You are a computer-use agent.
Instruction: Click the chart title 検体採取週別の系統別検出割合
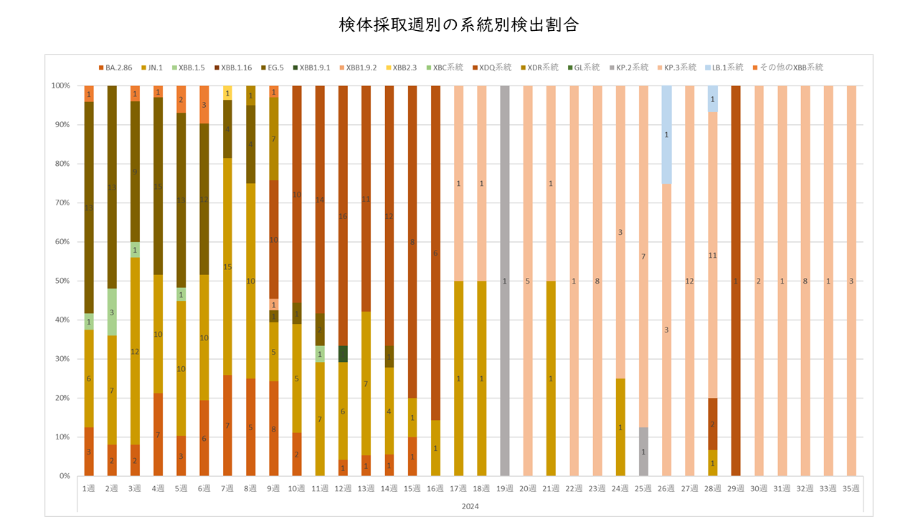[x=459, y=25]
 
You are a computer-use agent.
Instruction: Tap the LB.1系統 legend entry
[x=726, y=67]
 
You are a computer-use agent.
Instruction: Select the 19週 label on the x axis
[x=504, y=488]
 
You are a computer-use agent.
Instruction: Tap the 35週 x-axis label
[x=851, y=488]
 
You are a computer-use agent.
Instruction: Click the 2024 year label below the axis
[x=470, y=506]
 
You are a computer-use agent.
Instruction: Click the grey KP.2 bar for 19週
[x=504, y=215]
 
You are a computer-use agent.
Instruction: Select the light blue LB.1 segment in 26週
[x=666, y=134]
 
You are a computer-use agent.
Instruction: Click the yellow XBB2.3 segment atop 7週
[x=227, y=93]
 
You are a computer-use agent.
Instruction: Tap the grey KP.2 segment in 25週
[x=643, y=452]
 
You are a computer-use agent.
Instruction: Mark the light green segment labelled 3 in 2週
[x=112, y=312]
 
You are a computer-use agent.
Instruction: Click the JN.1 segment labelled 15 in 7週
[x=227, y=266]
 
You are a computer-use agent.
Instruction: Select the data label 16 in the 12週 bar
[x=343, y=216]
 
